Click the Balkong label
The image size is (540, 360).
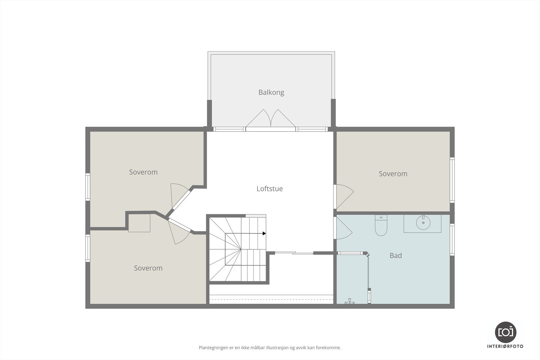[271, 92]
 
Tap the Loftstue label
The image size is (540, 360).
[270, 189]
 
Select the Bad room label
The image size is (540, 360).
[396, 255]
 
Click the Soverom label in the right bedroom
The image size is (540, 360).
[393, 174]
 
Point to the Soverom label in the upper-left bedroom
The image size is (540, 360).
[143, 172]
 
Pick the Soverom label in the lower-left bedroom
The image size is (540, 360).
[148, 268]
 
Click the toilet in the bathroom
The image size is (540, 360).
[381, 225]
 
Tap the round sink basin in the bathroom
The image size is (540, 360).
[423, 223]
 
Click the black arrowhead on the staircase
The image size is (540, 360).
[264, 233]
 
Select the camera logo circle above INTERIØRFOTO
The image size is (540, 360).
[506, 332]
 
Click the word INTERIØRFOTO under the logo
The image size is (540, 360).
[505, 347]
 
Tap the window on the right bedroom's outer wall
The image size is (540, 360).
[452, 180]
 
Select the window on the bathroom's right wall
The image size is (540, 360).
[452, 240]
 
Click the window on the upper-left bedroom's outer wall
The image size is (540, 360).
[88, 187]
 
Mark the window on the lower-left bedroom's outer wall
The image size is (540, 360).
[88, 248]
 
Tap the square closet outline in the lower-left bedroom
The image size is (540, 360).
[139, 223]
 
